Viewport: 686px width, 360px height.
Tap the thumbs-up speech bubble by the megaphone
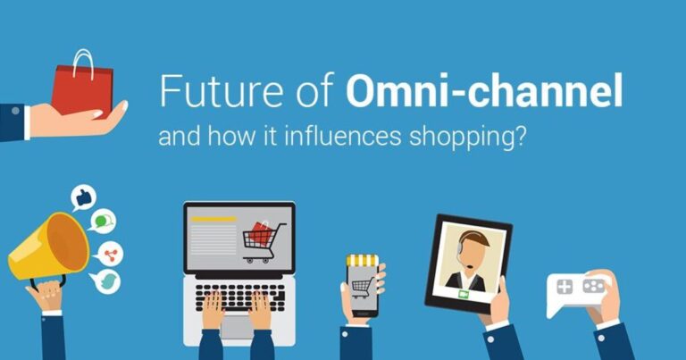[x=83, y=197]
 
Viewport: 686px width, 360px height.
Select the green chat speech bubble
[x=104, y=220]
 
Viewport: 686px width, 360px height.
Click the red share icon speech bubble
[x=111, y=253]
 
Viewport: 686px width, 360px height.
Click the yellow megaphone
[x=46, y=247]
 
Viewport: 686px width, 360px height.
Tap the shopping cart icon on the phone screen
[x=362, y=287]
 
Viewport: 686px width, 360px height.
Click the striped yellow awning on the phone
[x=363, y=261]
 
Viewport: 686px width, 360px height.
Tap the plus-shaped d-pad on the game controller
[x=565, y=288]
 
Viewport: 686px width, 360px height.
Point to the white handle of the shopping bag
[x=83, y=61]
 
